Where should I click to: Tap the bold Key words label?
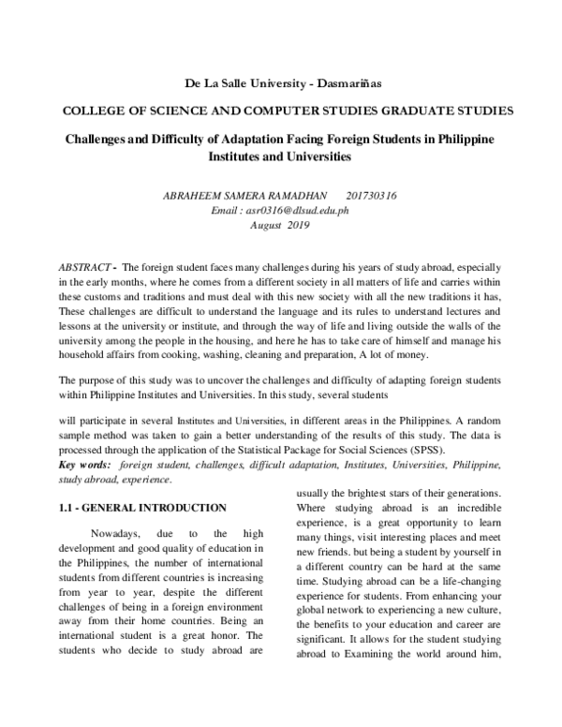(x=84, y=465)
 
